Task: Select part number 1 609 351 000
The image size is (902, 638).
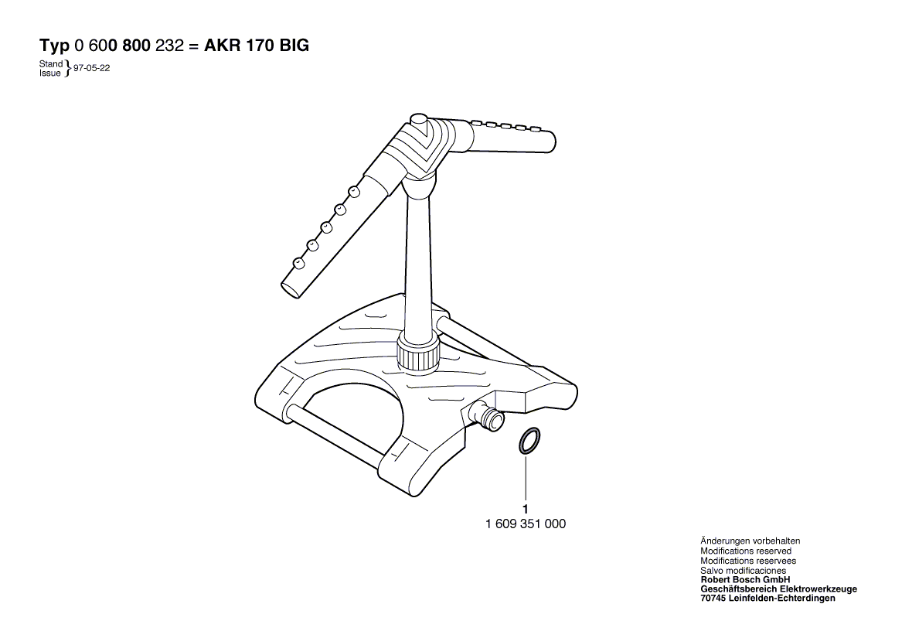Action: click(526, 524)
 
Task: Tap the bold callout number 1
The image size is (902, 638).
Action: click(526, 509)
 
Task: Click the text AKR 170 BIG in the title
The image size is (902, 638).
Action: click(257, 46)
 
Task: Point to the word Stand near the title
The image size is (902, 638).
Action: click(50, 64)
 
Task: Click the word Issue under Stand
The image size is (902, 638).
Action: click(50, 73)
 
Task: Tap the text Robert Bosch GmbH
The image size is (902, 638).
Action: click(745, 580)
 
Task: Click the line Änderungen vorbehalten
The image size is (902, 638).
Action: click(751, 541)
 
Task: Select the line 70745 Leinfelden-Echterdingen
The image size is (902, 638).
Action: click(768, 599)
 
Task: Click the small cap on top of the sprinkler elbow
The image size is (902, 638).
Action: click(420, 122)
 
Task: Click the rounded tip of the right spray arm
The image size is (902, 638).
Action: click(550, 142)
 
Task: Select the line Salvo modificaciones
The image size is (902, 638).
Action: click(744, 570)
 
